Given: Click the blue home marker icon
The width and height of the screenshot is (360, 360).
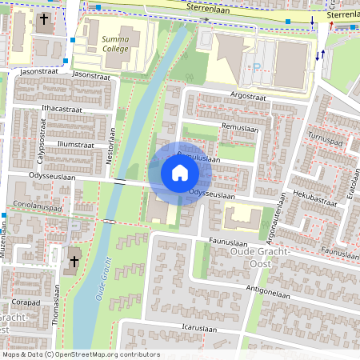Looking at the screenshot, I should pyautogui.click(x=180, y=173).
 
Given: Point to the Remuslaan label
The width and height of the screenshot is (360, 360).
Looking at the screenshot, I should pyautogui.click(x=241, y=128).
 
